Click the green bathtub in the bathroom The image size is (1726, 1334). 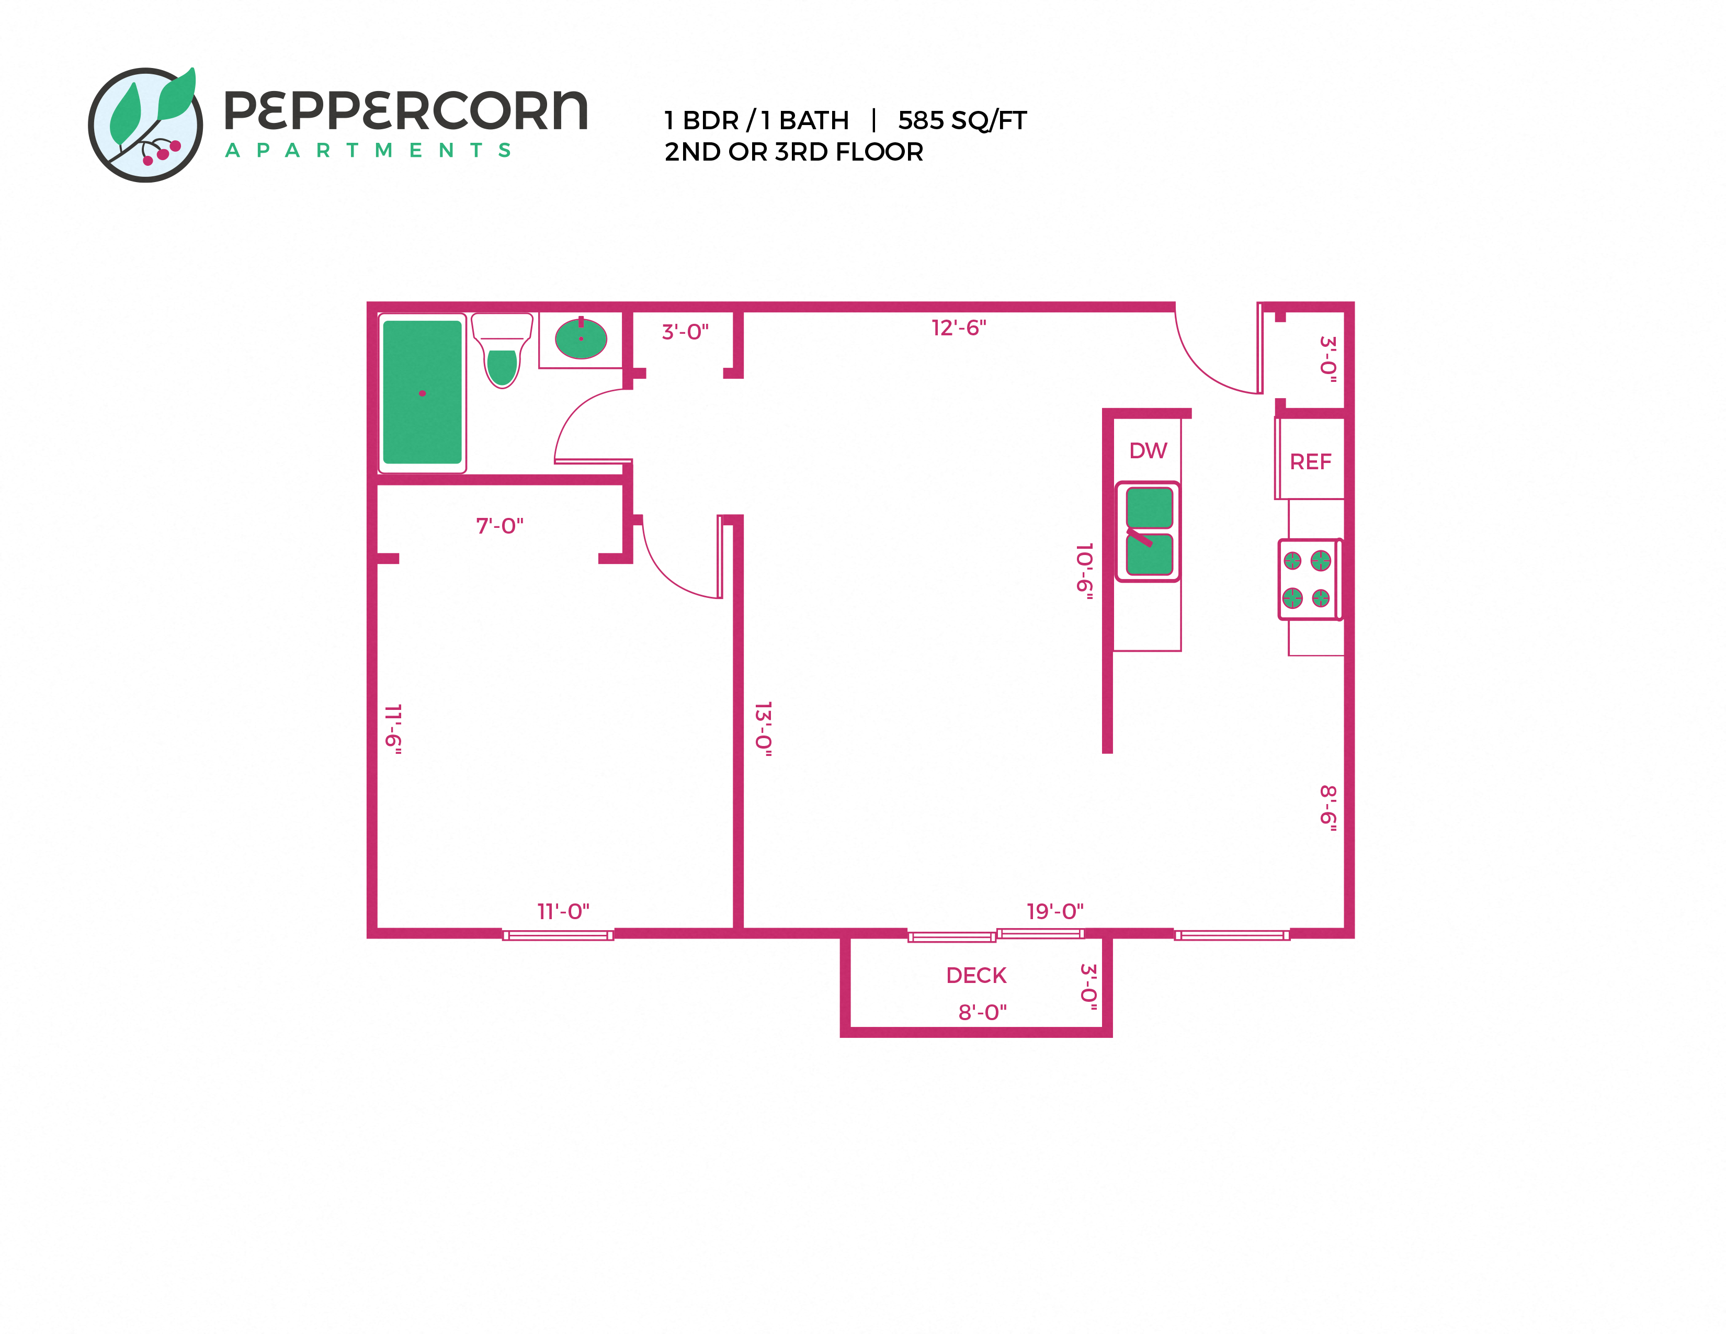(422, 392)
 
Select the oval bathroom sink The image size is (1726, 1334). (581, 338)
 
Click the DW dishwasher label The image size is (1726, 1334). (1148, 450)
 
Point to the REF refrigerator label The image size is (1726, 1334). (1310, 461)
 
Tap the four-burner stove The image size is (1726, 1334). (1308, 579)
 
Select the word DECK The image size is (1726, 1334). (976, 975)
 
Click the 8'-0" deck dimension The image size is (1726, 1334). (982, 1012)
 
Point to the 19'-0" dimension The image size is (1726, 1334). (1055, 911)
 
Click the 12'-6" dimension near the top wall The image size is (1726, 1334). (959, 327)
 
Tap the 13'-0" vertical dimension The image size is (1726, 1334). (763, 729)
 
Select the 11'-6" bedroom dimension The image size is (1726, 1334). (393, 729)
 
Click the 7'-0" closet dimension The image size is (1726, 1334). (499, 526)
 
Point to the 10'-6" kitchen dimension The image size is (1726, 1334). (1085, 571)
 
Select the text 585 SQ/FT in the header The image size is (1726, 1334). (962, 120)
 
